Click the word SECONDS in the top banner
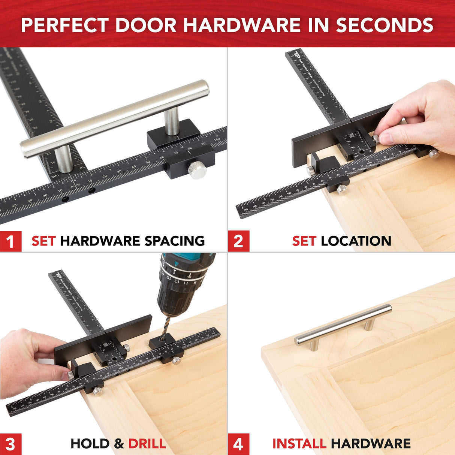pos(385,25)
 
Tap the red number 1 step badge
pos(10,241)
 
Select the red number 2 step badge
pos(238,241)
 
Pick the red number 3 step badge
pos(10,444)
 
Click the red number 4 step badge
pos(238,444)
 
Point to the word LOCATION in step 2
pos(356,241)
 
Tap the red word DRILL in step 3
pos(147,444)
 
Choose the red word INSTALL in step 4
pos(299,444)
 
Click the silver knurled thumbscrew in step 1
pos(197,171)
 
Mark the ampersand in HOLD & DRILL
pos(119,444)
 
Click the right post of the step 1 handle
pos(172,121)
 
